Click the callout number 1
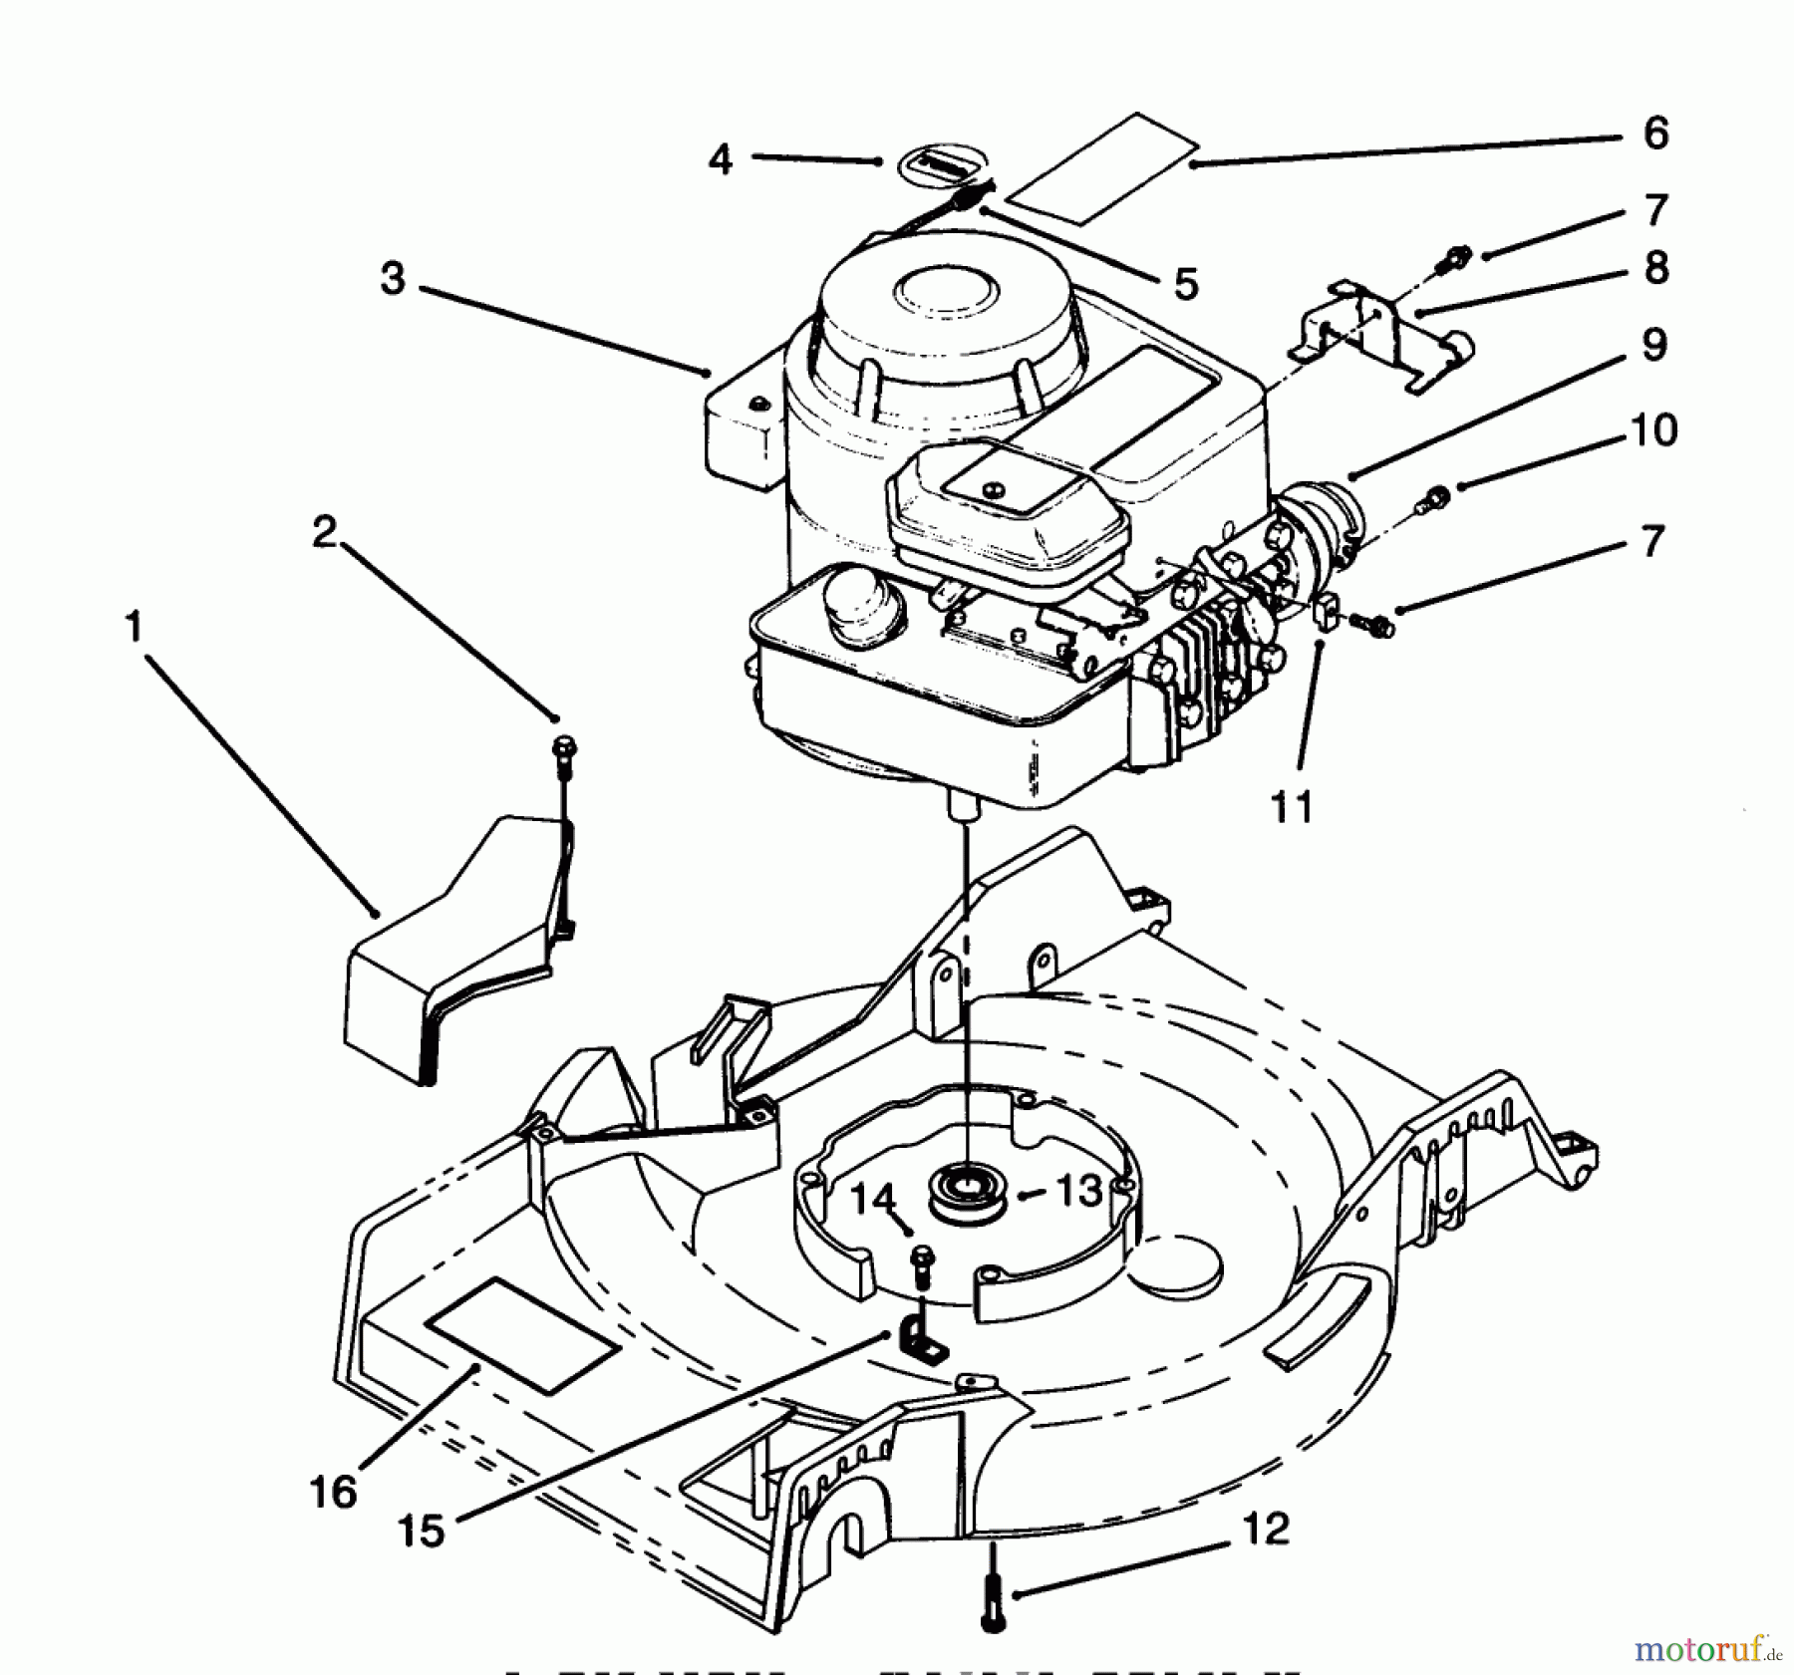click(133, 628)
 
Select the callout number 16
click(333, 1492)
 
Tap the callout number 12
click(1266, 1529)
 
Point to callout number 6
click(1654, 133)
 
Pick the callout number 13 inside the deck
click(1079, 1191)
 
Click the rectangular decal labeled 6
click(1101, 167)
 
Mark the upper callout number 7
click(1655, 210)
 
